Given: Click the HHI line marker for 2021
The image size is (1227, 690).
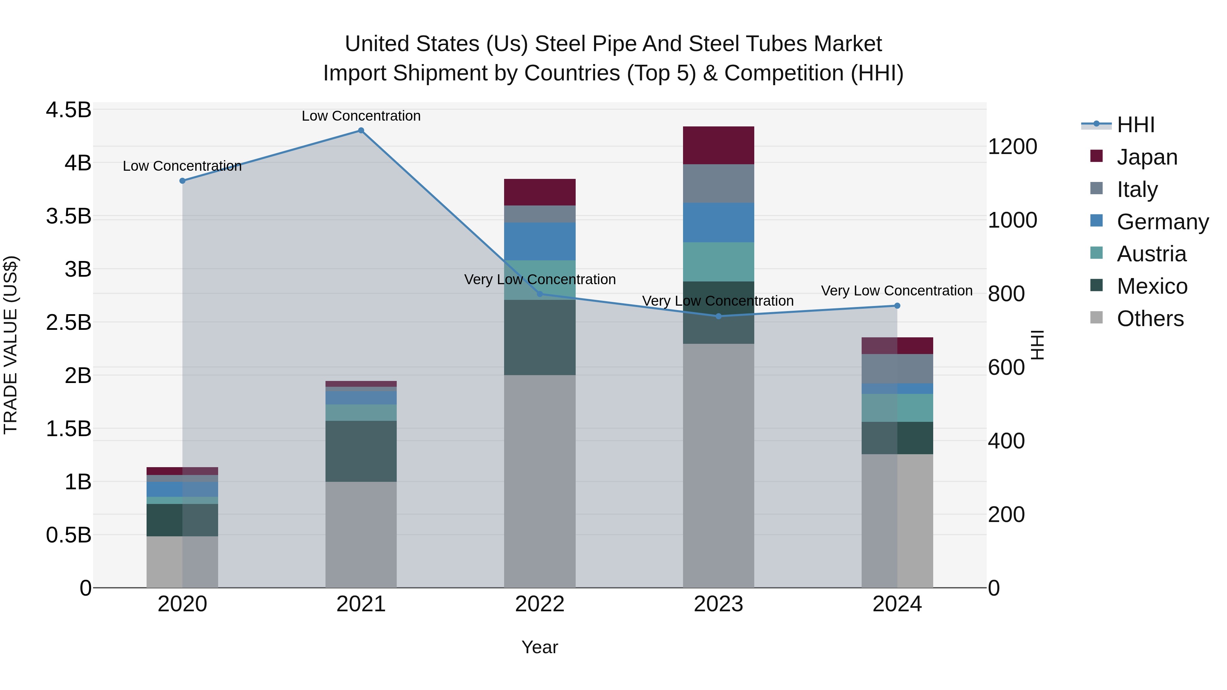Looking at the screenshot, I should (361, 131).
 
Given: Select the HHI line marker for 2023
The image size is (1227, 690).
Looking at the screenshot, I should (718, 316).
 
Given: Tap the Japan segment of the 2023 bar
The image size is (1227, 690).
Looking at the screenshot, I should (718, 145).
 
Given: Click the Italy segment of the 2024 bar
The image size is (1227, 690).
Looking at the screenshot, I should (897, 369).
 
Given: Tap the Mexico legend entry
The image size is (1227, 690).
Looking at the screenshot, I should (1151, 286).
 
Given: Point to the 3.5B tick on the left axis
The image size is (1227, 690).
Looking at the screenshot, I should (69, 216).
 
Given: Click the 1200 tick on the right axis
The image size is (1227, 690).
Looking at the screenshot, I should (1012, 147).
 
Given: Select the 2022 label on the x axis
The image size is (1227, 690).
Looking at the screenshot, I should (540, 604).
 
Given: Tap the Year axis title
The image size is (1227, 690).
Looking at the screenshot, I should (540, 647).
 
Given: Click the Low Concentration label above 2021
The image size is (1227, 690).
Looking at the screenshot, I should (361, 116).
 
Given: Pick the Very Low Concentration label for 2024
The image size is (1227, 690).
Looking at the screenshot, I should (896, 290).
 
